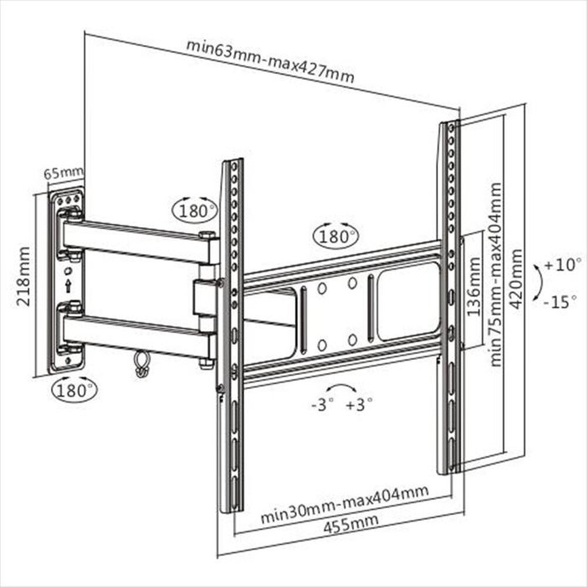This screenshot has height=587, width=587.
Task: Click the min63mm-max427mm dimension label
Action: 270,61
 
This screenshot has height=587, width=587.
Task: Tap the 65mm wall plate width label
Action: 63,173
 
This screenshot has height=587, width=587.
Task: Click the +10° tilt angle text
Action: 562,264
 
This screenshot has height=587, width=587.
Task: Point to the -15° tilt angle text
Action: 562,303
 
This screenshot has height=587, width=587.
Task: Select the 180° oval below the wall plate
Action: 74,389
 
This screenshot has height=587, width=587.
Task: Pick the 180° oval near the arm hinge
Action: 194,210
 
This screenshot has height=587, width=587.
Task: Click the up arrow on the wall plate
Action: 68,286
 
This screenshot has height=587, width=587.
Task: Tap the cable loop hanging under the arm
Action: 140,364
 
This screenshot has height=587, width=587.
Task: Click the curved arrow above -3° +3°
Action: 341,388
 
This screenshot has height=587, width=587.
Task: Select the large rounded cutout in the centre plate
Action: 408,301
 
